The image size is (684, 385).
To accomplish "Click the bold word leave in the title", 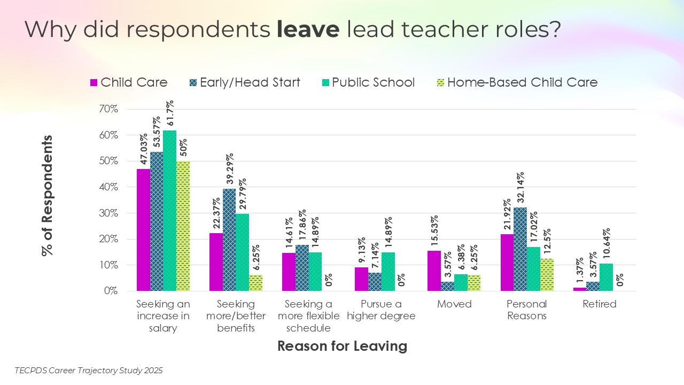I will point(308,29).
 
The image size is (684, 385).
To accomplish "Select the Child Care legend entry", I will point(129,82).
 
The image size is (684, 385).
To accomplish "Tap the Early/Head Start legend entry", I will point(244,82).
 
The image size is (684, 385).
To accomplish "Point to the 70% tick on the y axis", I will point(122,109).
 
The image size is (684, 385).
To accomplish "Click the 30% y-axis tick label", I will point(122,213).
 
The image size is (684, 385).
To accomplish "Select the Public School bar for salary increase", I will point(170,211).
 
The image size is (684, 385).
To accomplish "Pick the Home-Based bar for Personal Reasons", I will point(547,275).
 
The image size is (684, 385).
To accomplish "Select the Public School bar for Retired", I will point(606,277).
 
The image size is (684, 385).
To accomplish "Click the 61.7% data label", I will point(170,114).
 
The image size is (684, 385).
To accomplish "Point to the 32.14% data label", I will point(520,188).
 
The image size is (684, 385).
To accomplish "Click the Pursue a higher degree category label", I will point(381,310).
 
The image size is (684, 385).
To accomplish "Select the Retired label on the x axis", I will point(600,304).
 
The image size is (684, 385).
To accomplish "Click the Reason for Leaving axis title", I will point(342,346).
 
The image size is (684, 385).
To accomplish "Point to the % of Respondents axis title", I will point(48,195).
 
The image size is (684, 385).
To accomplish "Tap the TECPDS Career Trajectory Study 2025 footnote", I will point(89,370).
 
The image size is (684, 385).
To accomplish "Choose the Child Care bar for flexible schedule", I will point(289,272).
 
